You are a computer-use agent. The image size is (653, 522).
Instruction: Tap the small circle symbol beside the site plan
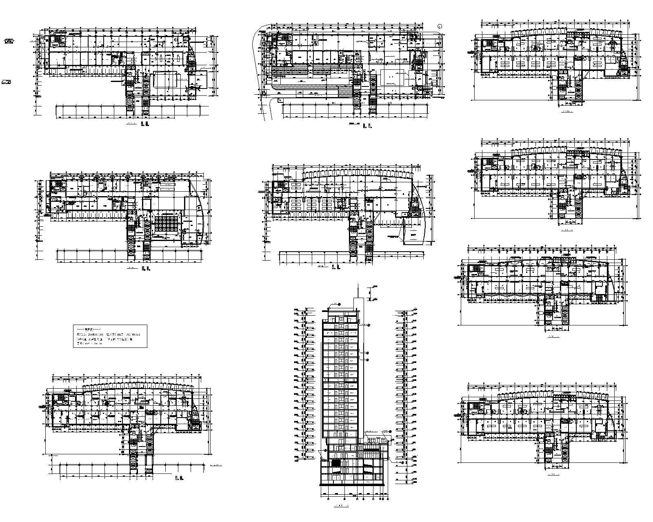point(440,26)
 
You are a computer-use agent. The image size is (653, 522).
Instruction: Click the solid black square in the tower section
point(335,463)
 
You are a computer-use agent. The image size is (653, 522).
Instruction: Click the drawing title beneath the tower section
point(341,507)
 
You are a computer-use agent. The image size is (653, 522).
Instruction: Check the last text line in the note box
point(90,344)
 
